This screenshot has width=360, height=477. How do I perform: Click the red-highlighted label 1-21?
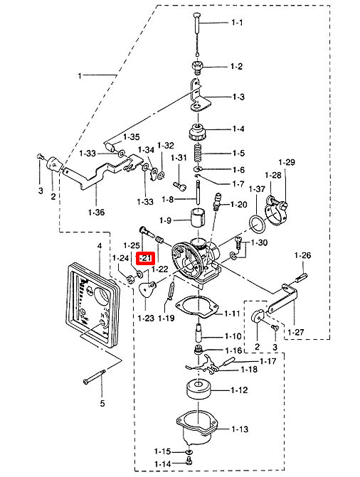[146, 257]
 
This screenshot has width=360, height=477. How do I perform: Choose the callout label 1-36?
[96, 212]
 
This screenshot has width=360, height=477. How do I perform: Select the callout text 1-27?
[295, 332]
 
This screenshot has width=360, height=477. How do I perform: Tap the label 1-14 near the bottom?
[162, 463]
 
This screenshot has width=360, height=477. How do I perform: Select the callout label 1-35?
[131, 136]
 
